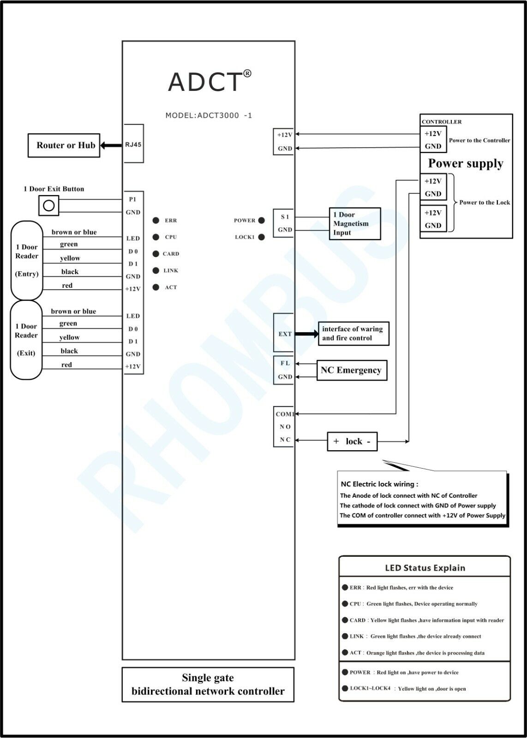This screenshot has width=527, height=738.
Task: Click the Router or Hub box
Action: click(x=64, y=145)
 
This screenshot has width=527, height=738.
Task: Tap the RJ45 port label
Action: click(x=133, y=144)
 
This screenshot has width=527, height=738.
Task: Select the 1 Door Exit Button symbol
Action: click(x=48, y=205)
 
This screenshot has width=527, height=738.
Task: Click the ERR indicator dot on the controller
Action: click(x=156, y=220)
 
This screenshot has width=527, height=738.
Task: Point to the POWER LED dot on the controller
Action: click(x=262, y=220)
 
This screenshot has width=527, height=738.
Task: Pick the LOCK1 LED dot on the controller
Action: click(x=262, y=237)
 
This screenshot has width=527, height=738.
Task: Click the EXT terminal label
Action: click(x=285, y=334)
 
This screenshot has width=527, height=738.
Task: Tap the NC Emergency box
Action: click(x=351, y=370)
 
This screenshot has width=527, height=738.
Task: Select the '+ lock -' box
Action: click(x=352, y=441)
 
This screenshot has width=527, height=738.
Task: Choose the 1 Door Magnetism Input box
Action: click(x=355, y=224)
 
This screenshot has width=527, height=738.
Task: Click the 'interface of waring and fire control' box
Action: click(x=353, y=333)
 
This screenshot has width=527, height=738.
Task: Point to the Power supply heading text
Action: click(x=466, y=163)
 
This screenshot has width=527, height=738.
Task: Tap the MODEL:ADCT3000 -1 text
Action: click(x=209, y=115)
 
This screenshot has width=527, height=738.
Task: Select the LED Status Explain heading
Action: click(x=425, y=568)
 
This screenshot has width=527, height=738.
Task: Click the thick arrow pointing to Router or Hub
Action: click(x=109, y=145)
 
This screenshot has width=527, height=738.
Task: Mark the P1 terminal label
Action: click(x=133, y=199)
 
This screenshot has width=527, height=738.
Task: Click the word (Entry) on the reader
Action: click(x=27, y=274)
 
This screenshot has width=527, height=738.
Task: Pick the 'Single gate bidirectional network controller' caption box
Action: click(x=208, y=684)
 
